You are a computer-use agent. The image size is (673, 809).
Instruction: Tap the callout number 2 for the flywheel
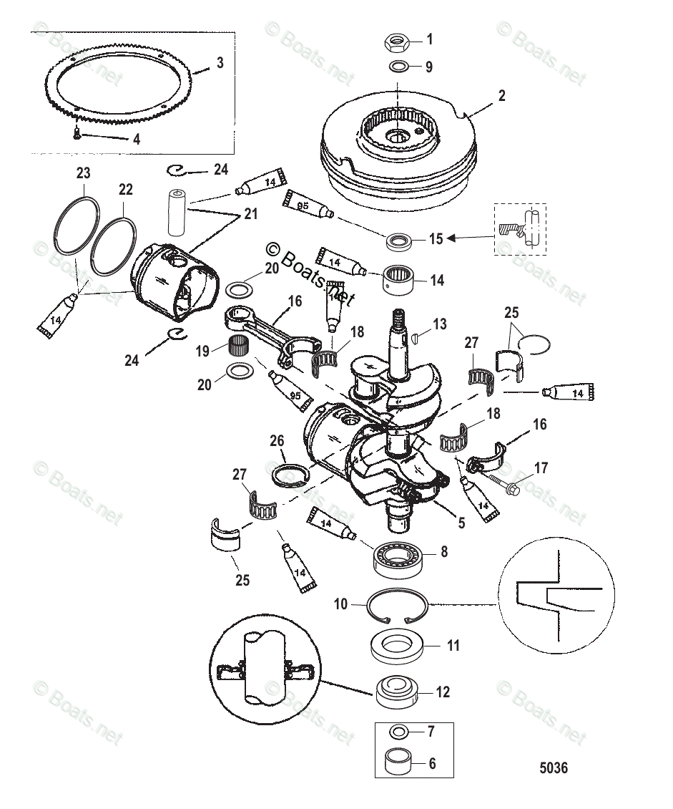pos(501,96)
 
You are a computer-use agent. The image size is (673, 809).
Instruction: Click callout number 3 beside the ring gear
pos(220,63)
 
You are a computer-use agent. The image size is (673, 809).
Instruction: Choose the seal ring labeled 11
pos(397,645)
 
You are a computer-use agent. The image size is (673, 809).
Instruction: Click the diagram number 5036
pos(553,768)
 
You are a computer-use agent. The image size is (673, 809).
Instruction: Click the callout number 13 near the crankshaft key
pos(439,324)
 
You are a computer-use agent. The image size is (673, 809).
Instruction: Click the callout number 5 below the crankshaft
pos(461,523)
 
